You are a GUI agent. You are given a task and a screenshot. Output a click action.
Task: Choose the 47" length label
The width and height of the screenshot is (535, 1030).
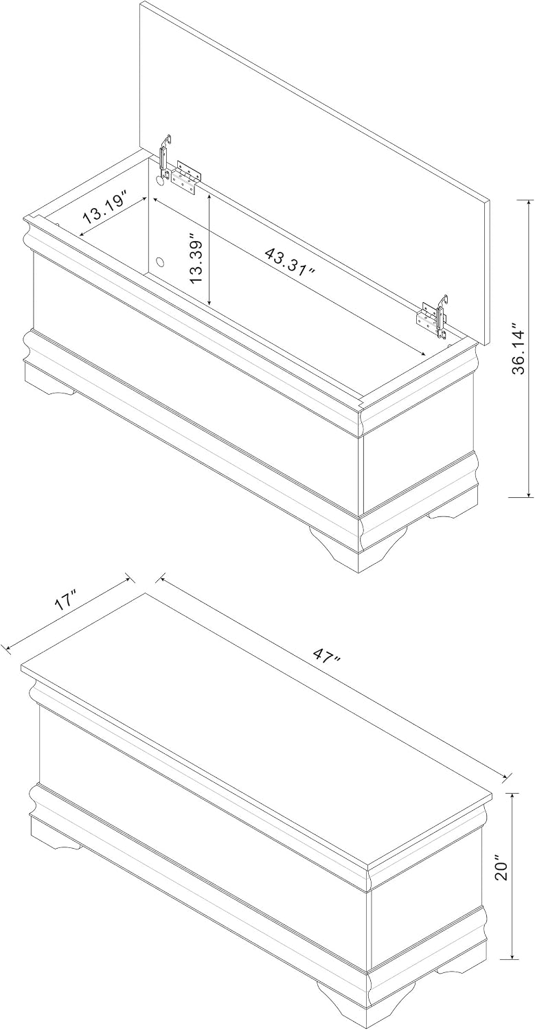click(326, 655)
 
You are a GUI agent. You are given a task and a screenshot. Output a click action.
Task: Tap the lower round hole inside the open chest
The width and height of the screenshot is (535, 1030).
click(161, 263)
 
